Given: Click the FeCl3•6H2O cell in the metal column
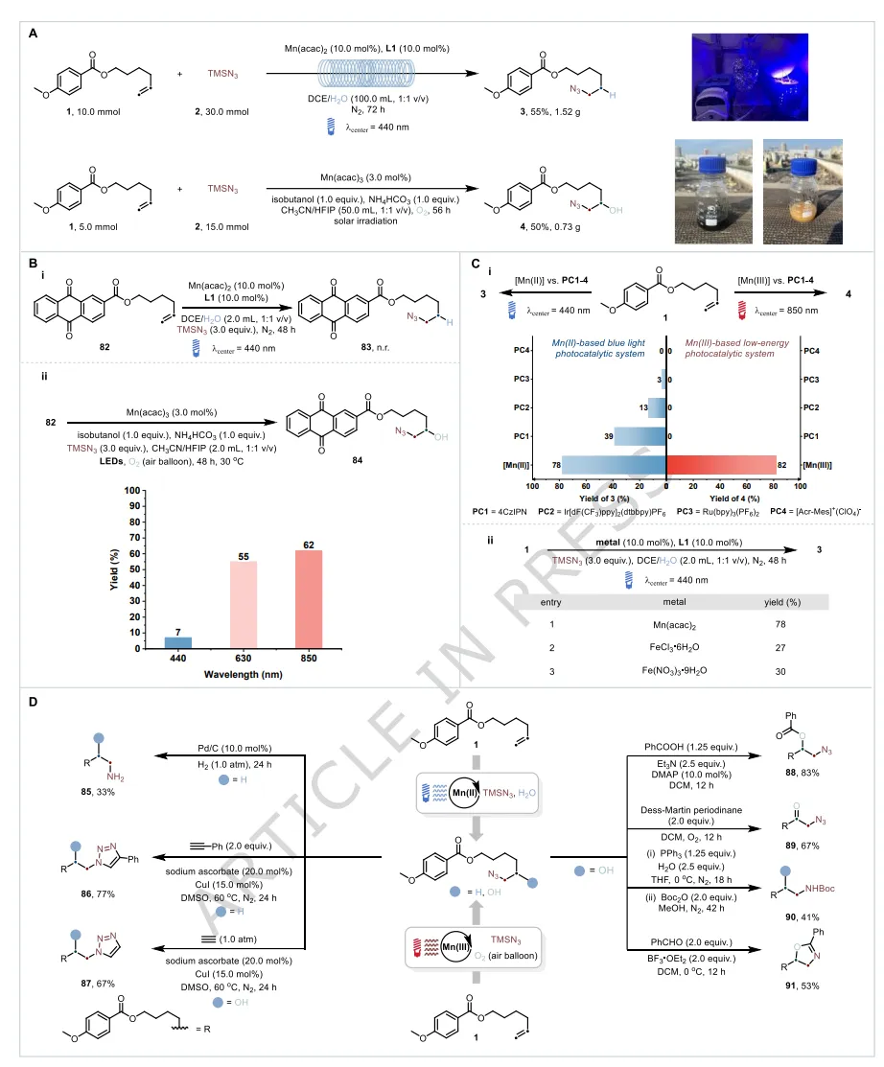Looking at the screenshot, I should point(661,649).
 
